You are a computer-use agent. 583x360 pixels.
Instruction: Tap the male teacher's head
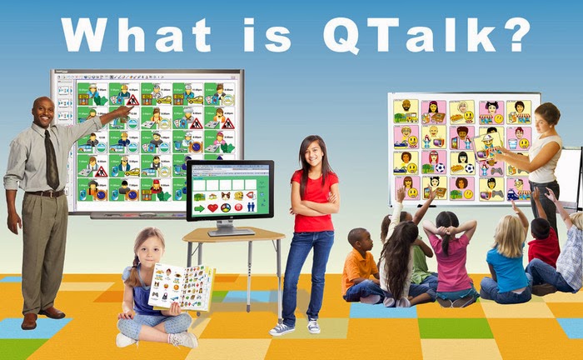click(x=44, y=111)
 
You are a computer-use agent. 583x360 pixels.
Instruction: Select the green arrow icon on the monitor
click(x=199, y=207)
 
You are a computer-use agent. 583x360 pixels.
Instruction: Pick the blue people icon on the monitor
click(x=251, y=207)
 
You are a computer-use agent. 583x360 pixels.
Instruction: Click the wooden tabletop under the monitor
click(x=233, y=237)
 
